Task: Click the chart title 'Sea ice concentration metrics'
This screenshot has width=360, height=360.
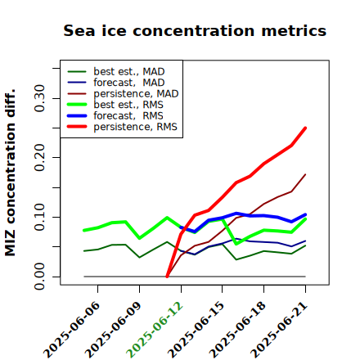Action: [195, 31]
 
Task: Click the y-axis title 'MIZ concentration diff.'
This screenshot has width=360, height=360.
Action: [10, 173]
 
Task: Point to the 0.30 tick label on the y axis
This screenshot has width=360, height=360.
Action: [39, 98]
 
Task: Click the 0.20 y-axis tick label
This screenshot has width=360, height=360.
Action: [39, 158]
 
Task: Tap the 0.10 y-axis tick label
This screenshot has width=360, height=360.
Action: [39, 217]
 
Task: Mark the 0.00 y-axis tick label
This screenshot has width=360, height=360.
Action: [39, 277]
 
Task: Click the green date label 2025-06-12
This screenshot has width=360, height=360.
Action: [155, 330]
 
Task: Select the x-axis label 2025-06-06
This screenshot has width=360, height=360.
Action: [71, 330]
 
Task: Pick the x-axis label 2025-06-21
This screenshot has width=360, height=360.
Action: [279, 330]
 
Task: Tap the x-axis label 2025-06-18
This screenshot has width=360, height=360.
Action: [237, 330]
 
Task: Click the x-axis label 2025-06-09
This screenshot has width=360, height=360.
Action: [113, 330]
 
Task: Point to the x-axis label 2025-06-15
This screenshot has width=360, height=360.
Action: [196, 330]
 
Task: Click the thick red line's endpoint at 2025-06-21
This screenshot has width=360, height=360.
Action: [305, 128]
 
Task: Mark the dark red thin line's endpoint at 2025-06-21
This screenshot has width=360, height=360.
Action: [305, 174]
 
